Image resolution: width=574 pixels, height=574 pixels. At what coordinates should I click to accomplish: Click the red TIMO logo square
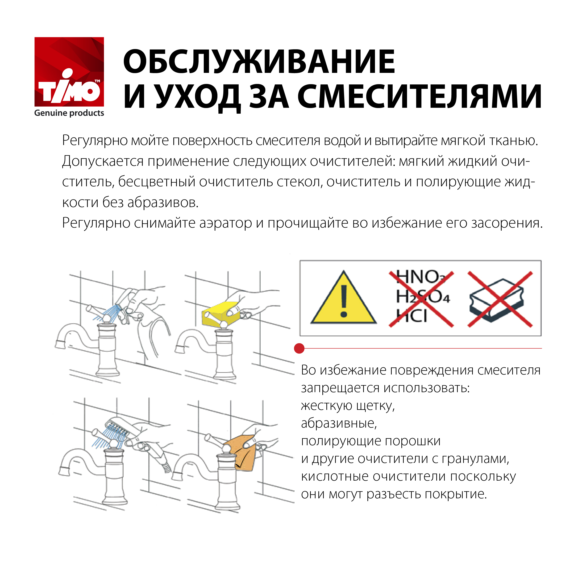69,72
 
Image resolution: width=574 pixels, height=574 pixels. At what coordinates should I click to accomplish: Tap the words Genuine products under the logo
69,113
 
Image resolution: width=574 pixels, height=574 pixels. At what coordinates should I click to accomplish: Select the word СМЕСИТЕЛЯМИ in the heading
420,96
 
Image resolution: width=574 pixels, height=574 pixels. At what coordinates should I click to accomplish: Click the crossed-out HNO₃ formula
420,277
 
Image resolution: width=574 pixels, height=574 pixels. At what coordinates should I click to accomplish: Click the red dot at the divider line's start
299,348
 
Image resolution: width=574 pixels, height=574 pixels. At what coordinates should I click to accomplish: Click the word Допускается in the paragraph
103,162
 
